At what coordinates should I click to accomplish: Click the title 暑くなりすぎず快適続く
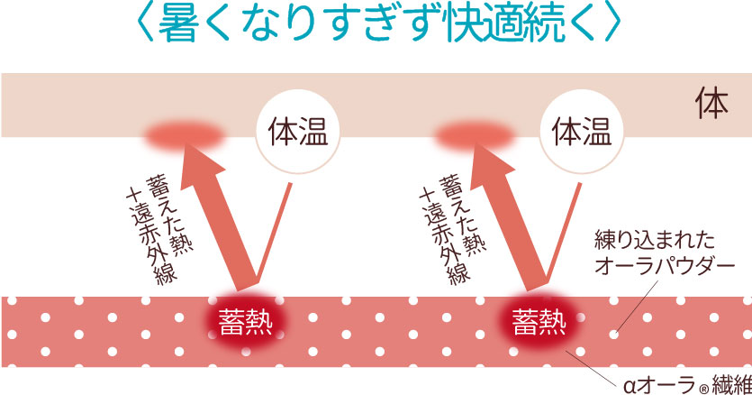[380, 23]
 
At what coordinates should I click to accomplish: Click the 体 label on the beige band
[712, 103]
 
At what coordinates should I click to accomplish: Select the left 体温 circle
[297, 131]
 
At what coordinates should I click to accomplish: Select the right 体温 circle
[582, 131]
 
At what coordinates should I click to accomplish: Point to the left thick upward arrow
[217, 216]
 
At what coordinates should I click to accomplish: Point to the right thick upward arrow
[508, 216]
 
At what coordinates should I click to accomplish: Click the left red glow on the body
[185, 134]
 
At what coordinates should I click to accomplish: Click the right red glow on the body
[474, 134]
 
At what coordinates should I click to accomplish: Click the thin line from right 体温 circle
[565, 232]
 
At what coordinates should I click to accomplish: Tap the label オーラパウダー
[665, 265]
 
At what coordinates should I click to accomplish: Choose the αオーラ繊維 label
[687, 384]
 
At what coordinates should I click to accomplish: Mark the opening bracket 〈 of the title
[145, 23]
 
